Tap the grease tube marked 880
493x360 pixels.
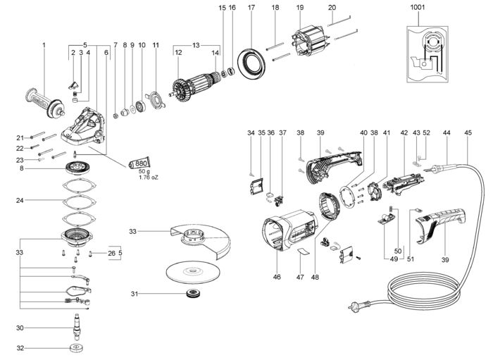click(139, 163)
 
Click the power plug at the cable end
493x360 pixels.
click(359, 305)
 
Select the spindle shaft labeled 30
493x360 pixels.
click(77, 327)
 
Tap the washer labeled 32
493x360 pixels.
click(76, 348)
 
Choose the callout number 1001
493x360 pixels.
click(417, 7)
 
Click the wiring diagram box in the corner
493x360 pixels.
click(428, 54)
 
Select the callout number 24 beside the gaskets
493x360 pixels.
click(20, 200)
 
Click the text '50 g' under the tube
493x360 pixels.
click(144, 172)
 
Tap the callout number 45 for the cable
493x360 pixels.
click(468, 132)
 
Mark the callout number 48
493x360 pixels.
click(315, 277)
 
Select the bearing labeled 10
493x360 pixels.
click(141, 106)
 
